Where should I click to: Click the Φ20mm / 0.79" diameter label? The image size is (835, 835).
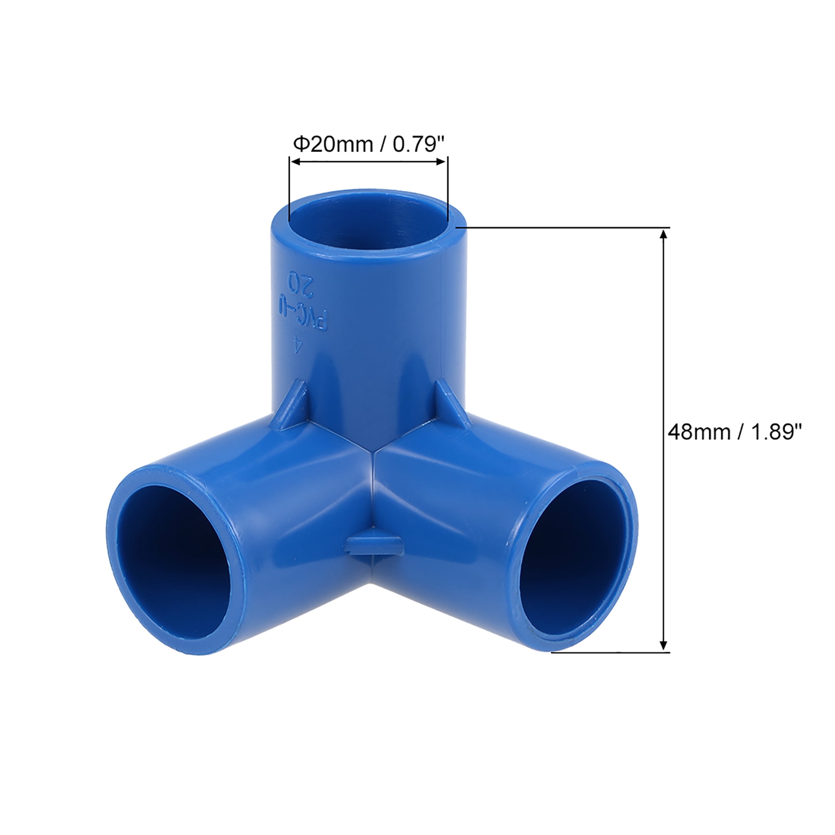[x=369, y=144]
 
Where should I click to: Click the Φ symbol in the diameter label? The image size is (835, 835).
[x=300, y=144]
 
